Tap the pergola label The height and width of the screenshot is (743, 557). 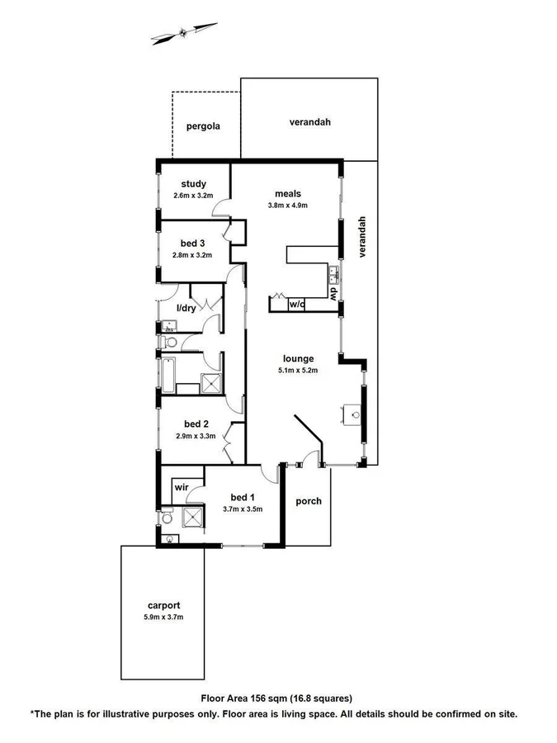click(202, 127)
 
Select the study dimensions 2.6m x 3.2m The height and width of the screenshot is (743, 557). click(193, 196)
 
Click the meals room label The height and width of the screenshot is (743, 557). click(287, 194)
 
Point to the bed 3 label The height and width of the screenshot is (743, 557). click(192, 243)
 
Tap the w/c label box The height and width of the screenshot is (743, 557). click(297, 304)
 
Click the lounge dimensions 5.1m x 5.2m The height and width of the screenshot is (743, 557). click(299, 370)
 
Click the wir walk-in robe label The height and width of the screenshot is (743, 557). click(182, 488)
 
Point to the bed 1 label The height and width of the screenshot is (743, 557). click(242, 497)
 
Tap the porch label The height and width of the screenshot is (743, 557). click(308, 501)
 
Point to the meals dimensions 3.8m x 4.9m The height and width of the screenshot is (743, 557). click(287, 206)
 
